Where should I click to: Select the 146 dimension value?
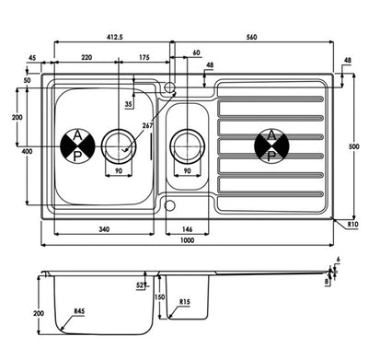[x=189, y=228]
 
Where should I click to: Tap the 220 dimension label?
[x=86, y=58]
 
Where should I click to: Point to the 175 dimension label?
[x=144, y=58]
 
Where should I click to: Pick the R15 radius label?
[x=185, y=302]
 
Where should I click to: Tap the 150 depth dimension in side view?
[x=159, y=297]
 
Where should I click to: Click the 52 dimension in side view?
[x=141, y=285]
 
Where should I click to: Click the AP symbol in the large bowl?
[x=77, y=145]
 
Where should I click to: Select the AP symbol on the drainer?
[x=270, y=145]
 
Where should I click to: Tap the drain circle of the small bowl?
[x=188, y=145]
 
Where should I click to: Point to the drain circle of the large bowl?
[x=118, y=145]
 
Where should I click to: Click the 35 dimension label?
[x=128, y=104]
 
